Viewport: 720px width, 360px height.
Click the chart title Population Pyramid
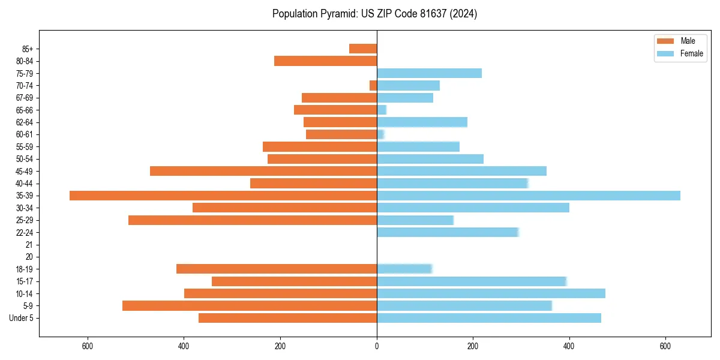(374, 14)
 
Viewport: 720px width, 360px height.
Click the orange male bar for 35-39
(223, 196)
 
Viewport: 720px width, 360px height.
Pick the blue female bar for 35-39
(528, 196)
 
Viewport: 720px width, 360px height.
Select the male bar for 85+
(363, 49)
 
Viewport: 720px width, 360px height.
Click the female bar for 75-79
(429, 73)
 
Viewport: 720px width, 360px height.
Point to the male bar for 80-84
(325, 61)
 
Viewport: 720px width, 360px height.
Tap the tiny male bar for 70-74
(373, 85)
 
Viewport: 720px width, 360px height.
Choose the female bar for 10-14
(491, 293)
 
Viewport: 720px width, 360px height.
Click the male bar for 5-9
(250, 305)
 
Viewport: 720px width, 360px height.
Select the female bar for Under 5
(488, 318)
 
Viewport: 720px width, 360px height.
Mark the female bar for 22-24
(447, 232)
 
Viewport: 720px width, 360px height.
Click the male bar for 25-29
(253, 220)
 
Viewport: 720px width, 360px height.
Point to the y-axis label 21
(29, 245)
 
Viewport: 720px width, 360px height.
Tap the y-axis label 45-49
(24, 171)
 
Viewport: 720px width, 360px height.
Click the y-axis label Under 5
(21, 318)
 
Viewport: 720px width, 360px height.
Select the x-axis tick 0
(377, 346)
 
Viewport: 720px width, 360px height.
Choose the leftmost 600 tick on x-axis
(88, 346)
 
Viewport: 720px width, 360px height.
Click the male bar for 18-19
(277, 269)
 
